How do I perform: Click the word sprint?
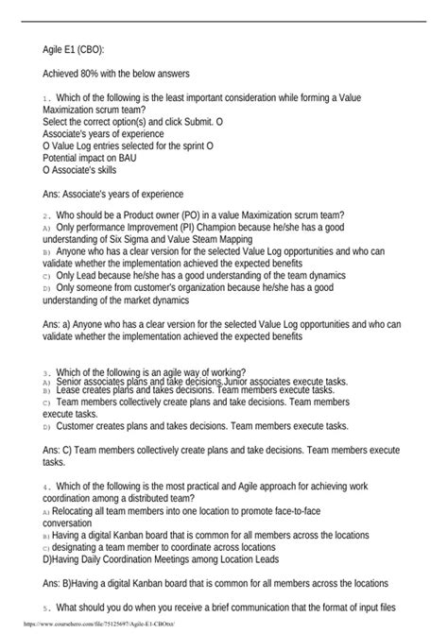(187, 146)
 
